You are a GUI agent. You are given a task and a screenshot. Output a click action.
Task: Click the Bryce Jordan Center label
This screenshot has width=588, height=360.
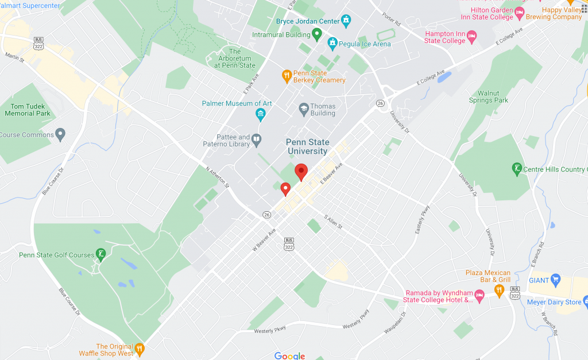[x=308, y=22]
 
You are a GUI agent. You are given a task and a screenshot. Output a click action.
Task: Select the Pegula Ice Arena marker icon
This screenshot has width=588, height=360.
[x=332, y=44]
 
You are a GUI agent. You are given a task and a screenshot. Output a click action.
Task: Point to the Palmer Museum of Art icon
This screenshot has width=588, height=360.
[x=261, y=114]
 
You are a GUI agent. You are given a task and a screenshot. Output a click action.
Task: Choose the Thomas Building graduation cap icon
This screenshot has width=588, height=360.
[x=303, y=108]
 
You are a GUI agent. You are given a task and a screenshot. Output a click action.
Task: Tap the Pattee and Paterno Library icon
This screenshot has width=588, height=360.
[x=257, y=138]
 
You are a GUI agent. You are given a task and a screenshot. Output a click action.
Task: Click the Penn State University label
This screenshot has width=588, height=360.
[x=307, y=147]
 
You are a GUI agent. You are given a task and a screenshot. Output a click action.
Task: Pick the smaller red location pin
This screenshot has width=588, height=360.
[x=285, y=188]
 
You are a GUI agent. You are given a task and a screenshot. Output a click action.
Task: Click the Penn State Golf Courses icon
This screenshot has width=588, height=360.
[x=101, y=255]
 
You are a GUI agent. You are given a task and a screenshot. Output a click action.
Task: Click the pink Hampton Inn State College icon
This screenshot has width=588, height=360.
[x=472, y=37]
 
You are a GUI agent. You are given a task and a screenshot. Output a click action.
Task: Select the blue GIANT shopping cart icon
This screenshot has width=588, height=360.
[x=555, y=280]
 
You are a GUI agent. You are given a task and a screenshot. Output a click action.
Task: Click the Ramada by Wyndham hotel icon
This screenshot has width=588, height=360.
[x=480, y=294]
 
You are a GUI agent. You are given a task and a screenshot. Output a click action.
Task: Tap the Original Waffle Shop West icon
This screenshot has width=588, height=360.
[x=139, y=349]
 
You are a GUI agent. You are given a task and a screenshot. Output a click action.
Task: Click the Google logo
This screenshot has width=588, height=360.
[x=290, y=356]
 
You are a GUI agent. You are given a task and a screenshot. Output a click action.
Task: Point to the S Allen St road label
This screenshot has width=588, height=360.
[x=333, y=222]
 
